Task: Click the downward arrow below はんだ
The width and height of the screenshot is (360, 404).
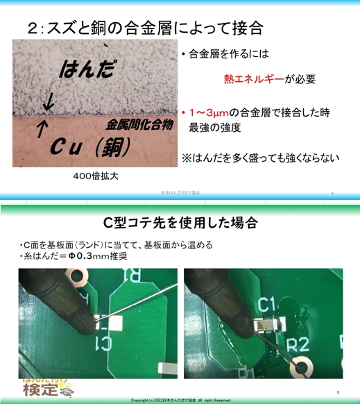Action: pos(48,103)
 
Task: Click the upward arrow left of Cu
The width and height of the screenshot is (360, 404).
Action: pos(41,129)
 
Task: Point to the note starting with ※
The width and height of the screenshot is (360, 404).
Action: pos(261,158)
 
